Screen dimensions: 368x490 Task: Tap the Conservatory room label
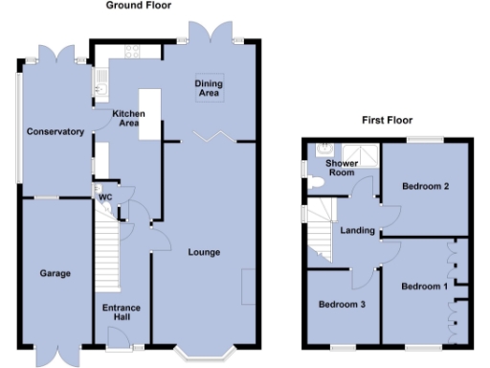(x=56, y=131)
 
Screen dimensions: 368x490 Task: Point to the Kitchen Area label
(x=127, y=118)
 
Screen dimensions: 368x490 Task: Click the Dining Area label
(x=211, y=87)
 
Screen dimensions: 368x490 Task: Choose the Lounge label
(x=205, y=253)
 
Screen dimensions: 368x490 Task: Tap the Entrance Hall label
(x=122, y=313)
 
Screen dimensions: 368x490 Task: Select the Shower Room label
(x=342, y=169)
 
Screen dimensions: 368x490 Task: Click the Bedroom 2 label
(x=426, y=186)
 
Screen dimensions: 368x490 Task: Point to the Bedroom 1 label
(x=424, y=287)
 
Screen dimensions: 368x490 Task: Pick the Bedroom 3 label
(x=343, y=305)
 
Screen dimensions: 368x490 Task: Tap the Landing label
(x=357, y=230)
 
